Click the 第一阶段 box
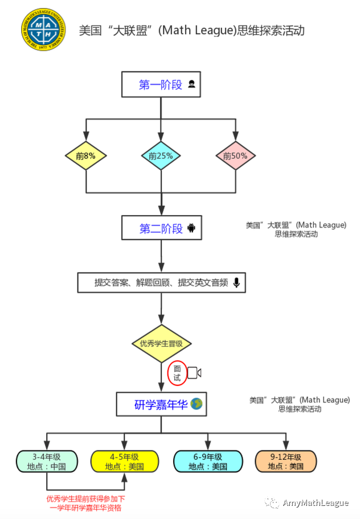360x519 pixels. (162, 85)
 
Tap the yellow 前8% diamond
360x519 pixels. (85, 155)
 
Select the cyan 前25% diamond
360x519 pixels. (161, 155)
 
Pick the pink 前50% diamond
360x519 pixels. (235, 155)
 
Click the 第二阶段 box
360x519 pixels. (162, 229)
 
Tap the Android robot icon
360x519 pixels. (191, 229)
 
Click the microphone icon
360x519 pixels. (236, 282)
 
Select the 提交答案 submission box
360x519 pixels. (162, 282)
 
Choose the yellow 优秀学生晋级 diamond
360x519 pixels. (161, 344)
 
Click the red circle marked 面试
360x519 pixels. (177, 373)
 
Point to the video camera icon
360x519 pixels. (194, 373)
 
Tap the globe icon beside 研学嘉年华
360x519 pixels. (197, 405)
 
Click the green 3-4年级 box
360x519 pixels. (47, 462)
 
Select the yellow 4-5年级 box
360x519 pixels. (124, 462)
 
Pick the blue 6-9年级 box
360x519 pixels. (208, 462)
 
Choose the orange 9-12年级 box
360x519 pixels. (285, 462)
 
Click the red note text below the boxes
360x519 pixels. (85, 503)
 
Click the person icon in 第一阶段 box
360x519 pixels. (192, 85)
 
